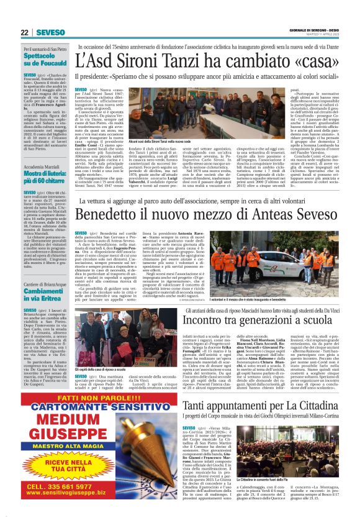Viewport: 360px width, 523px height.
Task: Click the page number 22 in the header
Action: [x=24, y=32]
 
